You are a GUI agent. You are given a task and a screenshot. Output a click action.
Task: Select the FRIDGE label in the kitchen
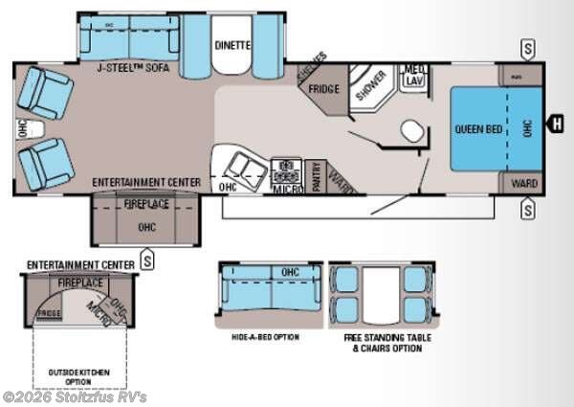[322, 90]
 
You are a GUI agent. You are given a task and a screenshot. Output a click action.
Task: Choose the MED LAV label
[414, 76]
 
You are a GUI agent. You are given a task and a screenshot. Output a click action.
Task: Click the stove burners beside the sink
[287, 170]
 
